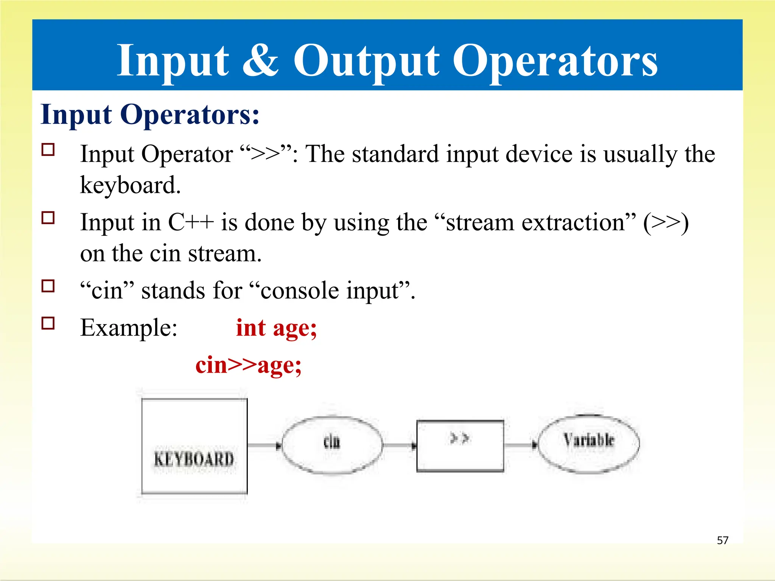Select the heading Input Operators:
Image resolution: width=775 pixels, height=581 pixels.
[150, 114]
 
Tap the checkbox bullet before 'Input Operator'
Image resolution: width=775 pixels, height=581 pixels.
[48, 150]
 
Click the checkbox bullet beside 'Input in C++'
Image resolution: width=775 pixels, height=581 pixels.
[48, 218]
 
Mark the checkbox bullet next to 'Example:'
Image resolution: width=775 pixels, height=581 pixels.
[48, 323]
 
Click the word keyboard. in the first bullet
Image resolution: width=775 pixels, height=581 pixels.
[130, 185]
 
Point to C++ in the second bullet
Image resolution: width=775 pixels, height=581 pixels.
[191, 222]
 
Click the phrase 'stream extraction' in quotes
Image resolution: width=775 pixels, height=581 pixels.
[535, 222]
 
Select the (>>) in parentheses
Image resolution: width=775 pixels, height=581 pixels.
[666, 223]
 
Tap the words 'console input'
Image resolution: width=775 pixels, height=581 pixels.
[330, 291]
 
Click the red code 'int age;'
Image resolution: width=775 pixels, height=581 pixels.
[276, 328]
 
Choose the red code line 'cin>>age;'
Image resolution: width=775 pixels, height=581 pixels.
[248, 365]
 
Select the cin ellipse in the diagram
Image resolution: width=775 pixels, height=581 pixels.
[332, 445]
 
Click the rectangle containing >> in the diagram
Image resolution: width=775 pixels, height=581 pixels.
[460, 446]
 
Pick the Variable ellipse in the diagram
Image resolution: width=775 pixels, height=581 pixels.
[588, 444]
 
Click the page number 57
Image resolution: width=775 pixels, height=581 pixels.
[722, 540]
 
